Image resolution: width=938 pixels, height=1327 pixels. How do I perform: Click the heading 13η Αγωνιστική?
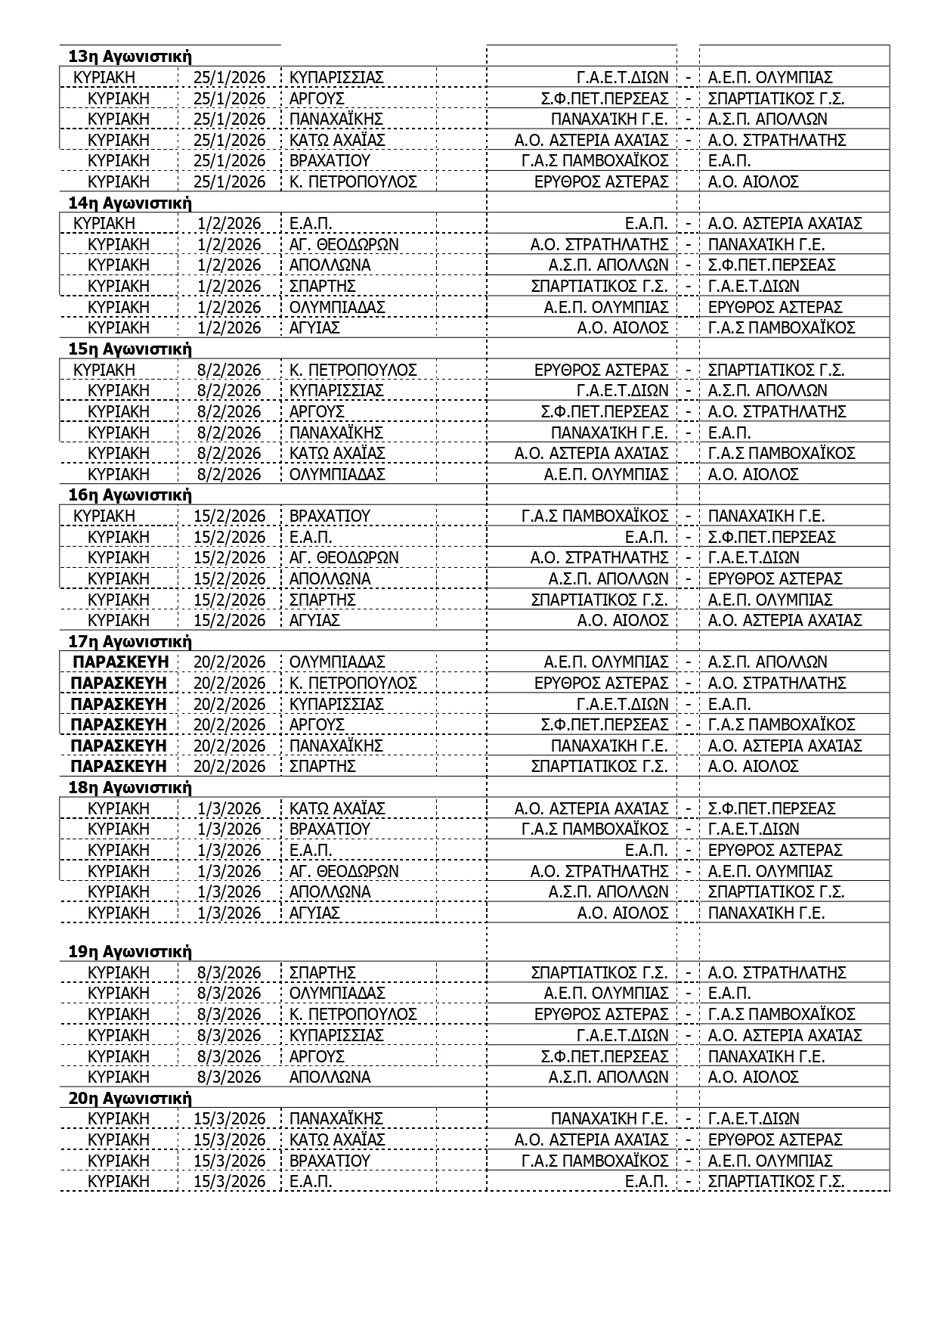[x=130, y=57]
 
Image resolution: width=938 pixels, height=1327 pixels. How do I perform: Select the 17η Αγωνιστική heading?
[x=130, y=642]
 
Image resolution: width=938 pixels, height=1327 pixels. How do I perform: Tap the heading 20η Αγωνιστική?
[x=130, y=1098]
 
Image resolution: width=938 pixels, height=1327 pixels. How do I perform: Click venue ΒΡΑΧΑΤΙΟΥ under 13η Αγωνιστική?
[x=330, y=161]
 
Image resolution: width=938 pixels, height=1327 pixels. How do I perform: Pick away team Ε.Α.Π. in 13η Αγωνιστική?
[x=729, y=161]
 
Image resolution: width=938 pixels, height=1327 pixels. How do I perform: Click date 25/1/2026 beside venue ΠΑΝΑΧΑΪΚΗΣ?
[x=230, y=119]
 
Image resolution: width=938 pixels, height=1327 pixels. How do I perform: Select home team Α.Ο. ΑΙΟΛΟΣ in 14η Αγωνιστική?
[x=623, y=327]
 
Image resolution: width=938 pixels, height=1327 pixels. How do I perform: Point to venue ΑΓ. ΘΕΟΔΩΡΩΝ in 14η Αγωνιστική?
[x=344, y=244]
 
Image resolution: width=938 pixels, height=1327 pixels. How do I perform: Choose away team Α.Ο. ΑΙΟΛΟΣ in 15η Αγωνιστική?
[x=753, y=474]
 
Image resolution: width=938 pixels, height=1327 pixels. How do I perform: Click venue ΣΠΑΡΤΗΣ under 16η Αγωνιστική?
[x=322, y=600]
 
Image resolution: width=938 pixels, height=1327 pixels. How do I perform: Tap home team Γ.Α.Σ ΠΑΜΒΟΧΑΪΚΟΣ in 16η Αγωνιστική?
[x=595, y=516]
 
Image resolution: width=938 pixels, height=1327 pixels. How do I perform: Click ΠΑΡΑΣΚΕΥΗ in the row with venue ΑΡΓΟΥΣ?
[x=119, y=724]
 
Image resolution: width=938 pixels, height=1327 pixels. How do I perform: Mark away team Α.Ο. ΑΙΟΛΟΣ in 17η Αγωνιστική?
[x=753, y=766]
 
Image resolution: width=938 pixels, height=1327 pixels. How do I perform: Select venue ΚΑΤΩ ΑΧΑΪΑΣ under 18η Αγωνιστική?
[x=337, y=808]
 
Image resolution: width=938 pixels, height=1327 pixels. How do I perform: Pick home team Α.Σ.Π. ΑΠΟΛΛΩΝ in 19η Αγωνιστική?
[x=608, y=1077]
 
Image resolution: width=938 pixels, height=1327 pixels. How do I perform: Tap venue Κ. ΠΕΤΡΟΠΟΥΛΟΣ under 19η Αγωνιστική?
[x=353, y=1014]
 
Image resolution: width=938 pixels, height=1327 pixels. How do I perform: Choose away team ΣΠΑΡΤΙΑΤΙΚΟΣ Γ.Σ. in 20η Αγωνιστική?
[x=775, y=1181]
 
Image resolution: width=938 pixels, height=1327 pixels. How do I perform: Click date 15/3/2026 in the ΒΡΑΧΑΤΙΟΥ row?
[x=230, y=1161]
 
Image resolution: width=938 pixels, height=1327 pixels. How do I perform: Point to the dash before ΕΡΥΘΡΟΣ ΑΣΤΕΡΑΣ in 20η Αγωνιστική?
[x=688, y=1139]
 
